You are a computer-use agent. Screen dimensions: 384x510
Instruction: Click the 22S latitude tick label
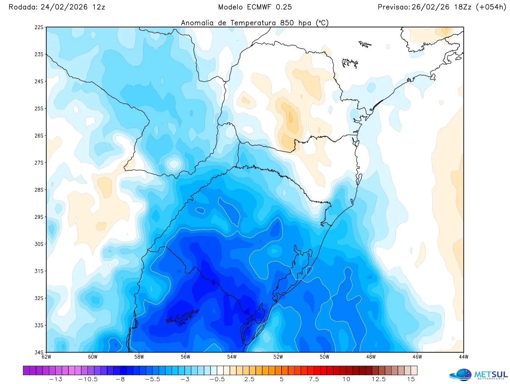(x=39, y=27)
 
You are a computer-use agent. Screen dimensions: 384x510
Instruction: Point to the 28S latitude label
(x=39, y=190)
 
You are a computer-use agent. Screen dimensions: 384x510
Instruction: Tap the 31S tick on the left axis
(x=39, y=271)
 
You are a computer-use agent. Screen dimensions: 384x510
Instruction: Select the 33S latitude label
(x=39, y=325)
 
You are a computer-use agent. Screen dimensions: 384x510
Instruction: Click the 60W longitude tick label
(x=93, y=357)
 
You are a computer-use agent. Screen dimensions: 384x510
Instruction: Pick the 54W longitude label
(x=232, y=357)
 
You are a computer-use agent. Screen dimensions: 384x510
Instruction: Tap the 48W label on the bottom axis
(x=371, y=357)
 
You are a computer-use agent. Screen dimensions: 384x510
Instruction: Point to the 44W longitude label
(x=463, y=357)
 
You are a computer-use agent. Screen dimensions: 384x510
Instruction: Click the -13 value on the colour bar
(x=56, y=379)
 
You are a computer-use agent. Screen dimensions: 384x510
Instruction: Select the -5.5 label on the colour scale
(x=152, y=379)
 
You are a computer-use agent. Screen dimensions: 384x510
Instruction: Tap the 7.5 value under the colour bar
(x=314, y=379)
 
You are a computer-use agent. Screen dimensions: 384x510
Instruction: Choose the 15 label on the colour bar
(x=411, y=379)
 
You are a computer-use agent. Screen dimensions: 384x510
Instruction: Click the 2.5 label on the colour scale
(x=250, y=379)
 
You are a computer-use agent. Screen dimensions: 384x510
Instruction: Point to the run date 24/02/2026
(x=64, y=7)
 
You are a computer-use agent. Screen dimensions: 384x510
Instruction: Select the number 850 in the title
(x=287, y=23)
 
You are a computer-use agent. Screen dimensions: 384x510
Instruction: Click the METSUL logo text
(x=491, y=375)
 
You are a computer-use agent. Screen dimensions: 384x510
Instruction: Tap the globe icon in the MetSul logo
(x=461, y=375)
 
